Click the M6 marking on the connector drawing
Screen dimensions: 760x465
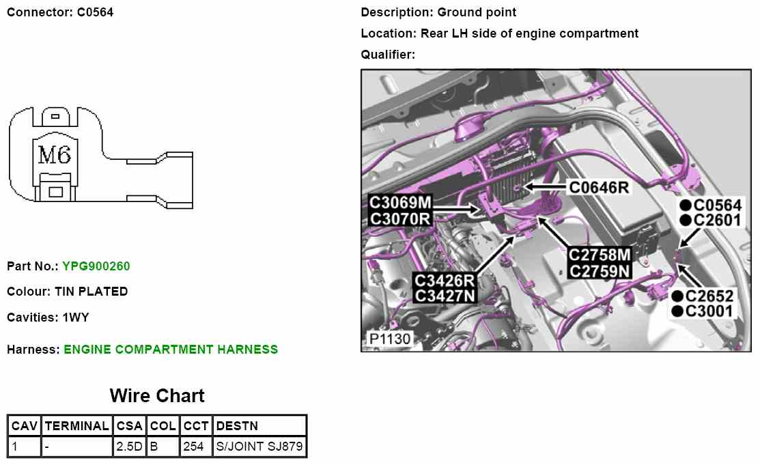point(54,156)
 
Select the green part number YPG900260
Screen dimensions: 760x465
point(96,266)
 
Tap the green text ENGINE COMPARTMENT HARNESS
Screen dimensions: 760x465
point(171,350)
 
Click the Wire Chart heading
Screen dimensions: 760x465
point(157,396)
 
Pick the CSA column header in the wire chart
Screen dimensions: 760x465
point(129,426)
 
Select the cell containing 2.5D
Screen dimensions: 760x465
point(129,447)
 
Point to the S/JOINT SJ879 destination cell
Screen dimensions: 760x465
point(259,447)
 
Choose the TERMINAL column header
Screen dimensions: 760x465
point(76,426)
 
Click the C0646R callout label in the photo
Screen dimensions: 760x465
point(599,186)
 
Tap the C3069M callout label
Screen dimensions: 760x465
point(400,203)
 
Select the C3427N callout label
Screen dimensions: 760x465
point(445,296)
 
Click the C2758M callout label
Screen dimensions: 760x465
point(600,255)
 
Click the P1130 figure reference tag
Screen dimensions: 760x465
point(386,339)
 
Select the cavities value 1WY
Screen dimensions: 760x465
point(76,318)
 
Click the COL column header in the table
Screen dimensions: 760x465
point(163,426)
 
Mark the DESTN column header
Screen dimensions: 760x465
point(237,426)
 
